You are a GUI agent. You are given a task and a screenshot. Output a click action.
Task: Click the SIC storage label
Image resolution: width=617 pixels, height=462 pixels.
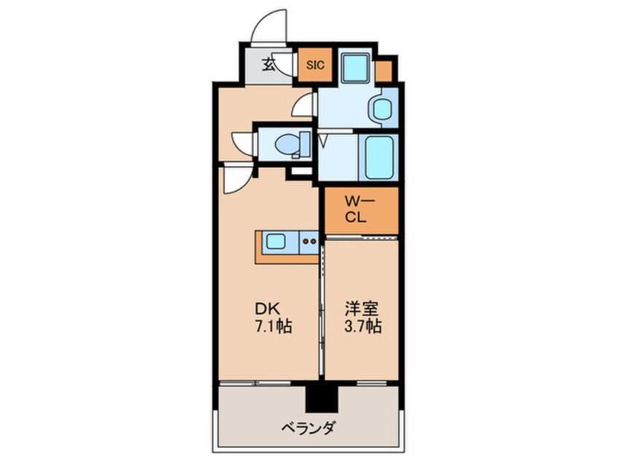click(315, 65)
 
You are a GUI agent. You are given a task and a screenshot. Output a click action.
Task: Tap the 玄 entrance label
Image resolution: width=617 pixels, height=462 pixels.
click(269, 64)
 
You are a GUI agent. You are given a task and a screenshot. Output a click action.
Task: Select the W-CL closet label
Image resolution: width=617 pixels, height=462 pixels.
click(360, 210)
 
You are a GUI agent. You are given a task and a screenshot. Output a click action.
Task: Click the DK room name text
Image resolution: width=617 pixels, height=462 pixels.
click(268, 309)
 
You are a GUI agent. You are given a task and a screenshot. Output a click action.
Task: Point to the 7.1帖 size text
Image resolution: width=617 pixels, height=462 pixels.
click(274, 326)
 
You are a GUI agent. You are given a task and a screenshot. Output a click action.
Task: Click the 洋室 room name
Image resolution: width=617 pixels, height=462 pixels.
click(362, 309)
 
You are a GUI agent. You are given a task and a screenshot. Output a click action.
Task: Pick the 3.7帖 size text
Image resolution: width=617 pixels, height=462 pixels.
click(362, 326)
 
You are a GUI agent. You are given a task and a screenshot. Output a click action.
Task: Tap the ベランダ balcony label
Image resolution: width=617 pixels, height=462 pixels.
click(308, 428)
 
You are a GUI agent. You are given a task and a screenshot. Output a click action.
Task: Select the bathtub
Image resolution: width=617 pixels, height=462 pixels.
click(379, 157)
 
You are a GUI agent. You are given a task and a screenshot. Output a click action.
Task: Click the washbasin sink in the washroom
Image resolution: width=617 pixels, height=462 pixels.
click(379, 109)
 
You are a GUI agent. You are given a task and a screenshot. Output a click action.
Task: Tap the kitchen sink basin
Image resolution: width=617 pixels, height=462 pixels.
click(276, 241)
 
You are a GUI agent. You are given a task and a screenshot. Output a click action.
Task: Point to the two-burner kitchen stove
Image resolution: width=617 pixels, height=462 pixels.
click(309, 241)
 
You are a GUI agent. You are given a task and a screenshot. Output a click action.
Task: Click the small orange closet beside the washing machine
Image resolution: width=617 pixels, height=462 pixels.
click(384, 71)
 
